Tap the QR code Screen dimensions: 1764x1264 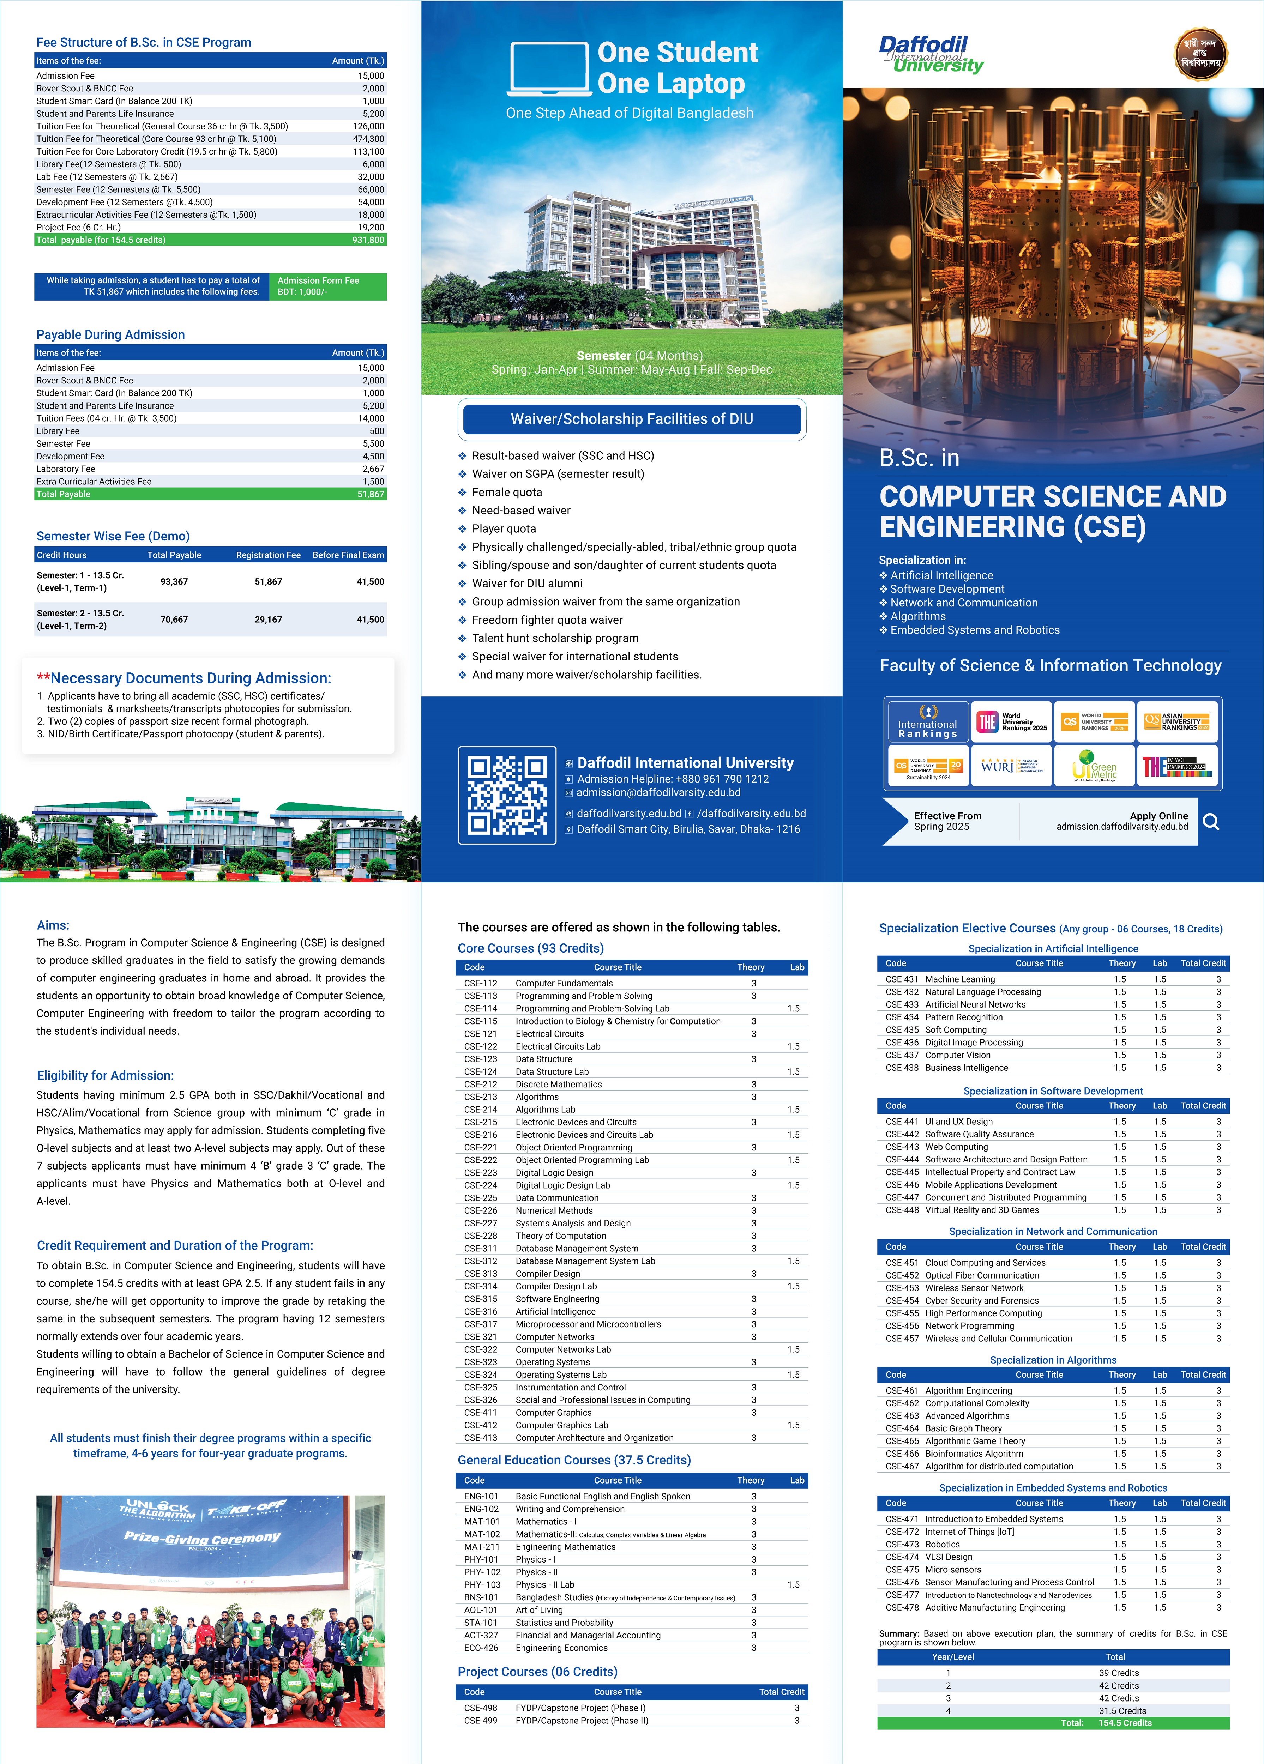coord(507,795)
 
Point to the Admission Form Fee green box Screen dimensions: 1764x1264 coord(327,286)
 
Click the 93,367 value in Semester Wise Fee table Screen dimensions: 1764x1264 coord(174,582)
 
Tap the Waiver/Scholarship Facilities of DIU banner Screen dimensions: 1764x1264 coord(632,419)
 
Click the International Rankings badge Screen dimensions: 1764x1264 coord(927,722)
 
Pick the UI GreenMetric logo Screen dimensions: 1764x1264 coord(1094,765)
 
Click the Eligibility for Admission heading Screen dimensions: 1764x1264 coord(105,1076)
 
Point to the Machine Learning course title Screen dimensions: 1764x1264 coord(960,979)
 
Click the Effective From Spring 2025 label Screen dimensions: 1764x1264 coord(947,821)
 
